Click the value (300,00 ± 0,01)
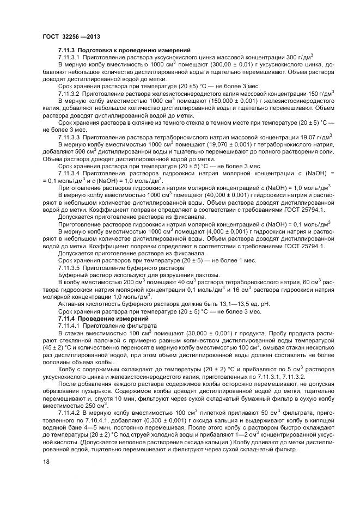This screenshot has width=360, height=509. click(x=210, y=65)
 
